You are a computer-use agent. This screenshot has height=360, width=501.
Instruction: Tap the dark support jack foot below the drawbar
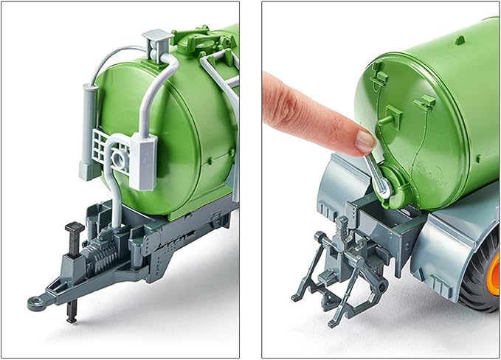pos(71,316)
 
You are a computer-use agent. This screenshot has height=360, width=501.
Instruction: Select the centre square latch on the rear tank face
pos(390,115)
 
